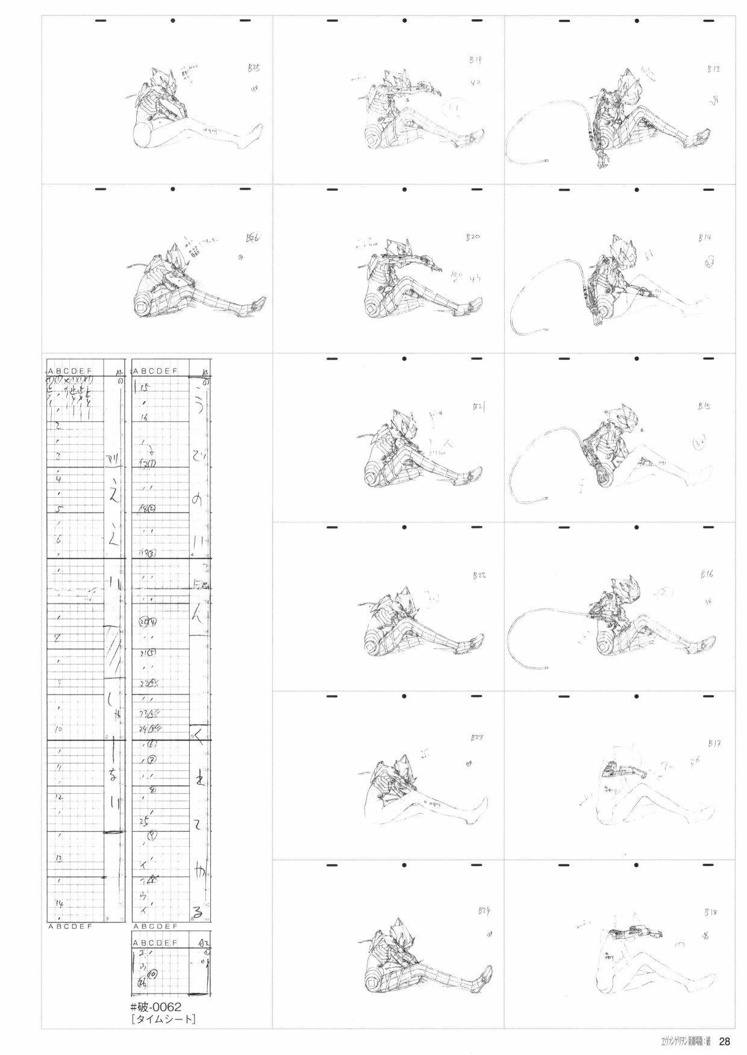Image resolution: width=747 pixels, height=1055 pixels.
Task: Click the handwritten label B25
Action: coord(254,70)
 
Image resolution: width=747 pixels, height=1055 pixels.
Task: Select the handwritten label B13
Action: coord(713,69)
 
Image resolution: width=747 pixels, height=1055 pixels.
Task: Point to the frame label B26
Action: coord(254,238)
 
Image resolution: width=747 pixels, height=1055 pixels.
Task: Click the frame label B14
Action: coord(705,238)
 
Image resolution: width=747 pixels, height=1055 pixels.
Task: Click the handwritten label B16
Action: coord(707,575)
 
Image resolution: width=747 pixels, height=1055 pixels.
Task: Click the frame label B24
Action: coord(484,911)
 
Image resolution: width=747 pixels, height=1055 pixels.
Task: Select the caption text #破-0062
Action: coord(155,1007)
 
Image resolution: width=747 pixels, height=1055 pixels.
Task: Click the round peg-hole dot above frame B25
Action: coord(172,22)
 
